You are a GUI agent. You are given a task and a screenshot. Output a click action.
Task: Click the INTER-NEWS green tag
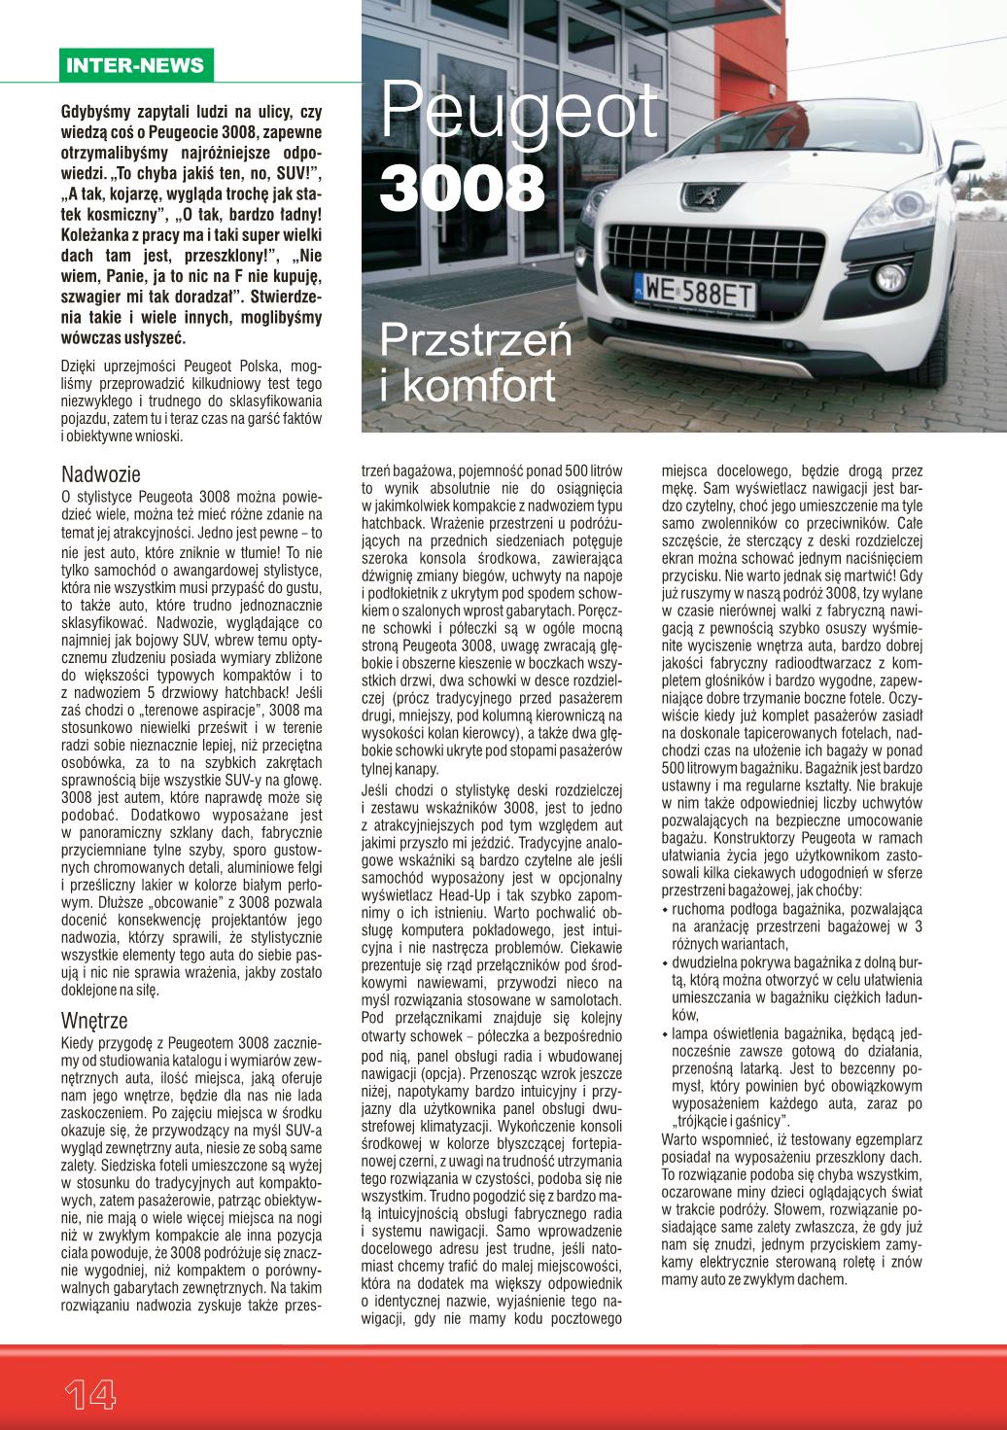coord(134,66)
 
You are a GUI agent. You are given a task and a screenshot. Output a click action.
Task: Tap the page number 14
coord(90,1395)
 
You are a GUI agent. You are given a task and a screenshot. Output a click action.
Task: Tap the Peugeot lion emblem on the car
coord(699,194)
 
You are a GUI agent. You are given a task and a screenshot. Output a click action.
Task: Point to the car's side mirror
coord(972,157)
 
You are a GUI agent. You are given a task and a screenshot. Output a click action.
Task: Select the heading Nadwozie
coord(101,474)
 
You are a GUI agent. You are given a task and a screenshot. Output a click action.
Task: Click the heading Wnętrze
coord(94,1021)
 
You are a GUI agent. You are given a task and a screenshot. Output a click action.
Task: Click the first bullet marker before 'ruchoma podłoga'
coord(665,910)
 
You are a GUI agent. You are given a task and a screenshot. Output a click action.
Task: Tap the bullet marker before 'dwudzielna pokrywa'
coord(665,963)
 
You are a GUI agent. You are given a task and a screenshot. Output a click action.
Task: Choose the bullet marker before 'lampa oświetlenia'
coord(665,1034)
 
